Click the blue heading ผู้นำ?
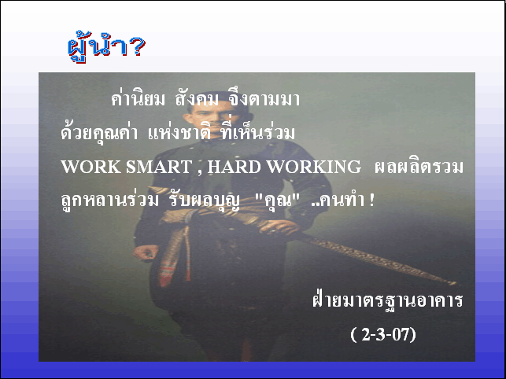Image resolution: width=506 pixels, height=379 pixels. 107,47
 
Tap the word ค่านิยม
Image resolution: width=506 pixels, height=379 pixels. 138,98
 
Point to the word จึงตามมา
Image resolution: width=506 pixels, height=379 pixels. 264,98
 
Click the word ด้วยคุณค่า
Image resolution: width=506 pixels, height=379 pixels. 99,132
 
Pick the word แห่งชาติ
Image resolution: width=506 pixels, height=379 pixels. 179,132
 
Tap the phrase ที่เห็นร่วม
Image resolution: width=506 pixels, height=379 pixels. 258,131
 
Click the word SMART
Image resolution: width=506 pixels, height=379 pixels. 159,167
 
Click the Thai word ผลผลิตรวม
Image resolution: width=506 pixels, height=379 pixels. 419,166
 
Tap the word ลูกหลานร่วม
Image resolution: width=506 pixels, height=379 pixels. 109,200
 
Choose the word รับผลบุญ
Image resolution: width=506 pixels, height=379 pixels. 205,201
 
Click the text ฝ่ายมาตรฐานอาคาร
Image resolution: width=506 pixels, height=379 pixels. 388,300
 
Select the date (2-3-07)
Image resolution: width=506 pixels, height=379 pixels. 383,334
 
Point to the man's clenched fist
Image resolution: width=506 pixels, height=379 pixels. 146,252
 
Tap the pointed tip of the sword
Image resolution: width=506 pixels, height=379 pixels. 455,284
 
